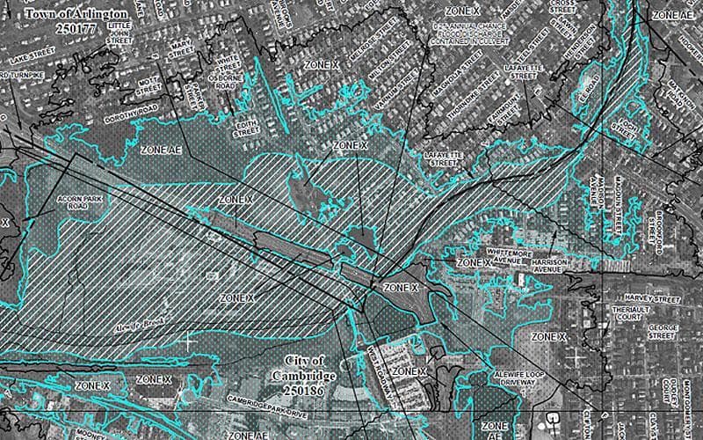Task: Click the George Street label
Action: pyautogui.click(x=663, y=331)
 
